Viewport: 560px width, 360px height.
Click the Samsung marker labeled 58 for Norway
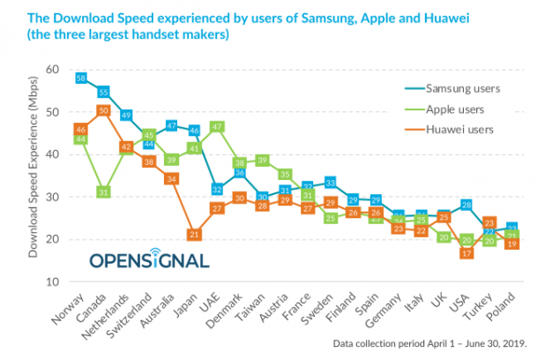tap(81, 78)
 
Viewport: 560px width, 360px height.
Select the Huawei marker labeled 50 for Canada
tap(103, 111)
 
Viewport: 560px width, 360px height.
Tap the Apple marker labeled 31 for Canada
tap(103, 191)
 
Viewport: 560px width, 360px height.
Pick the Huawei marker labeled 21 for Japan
tap(194, 234)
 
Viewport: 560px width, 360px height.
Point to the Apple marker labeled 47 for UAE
tap(217, 126)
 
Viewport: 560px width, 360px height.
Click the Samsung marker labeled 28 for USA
tap(467, 206)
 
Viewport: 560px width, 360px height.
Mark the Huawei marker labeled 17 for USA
tap(467, 253)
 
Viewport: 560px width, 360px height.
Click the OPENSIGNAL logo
tap(149, 260)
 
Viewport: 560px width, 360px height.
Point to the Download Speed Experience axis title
tap(34, 176)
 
